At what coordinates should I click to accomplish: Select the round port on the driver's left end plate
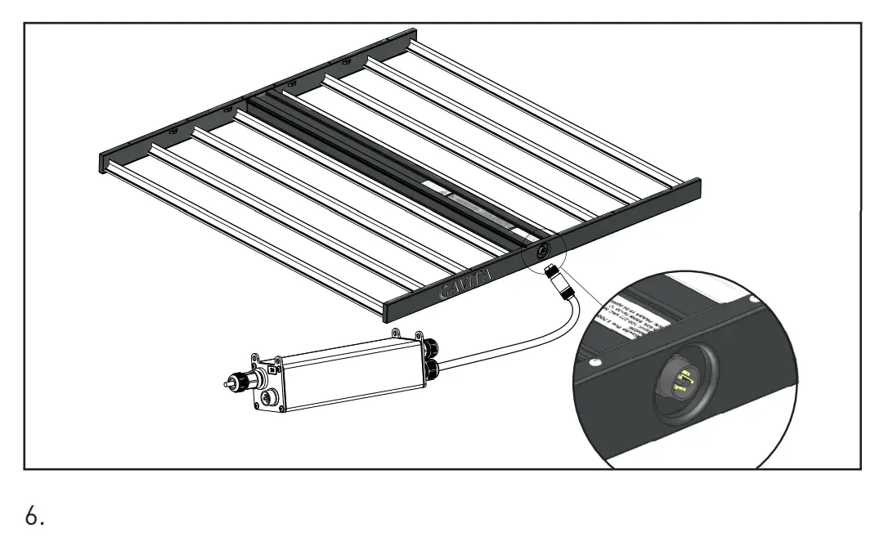(x=267, y=399)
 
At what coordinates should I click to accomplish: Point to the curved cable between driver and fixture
(x=523, y=343)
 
